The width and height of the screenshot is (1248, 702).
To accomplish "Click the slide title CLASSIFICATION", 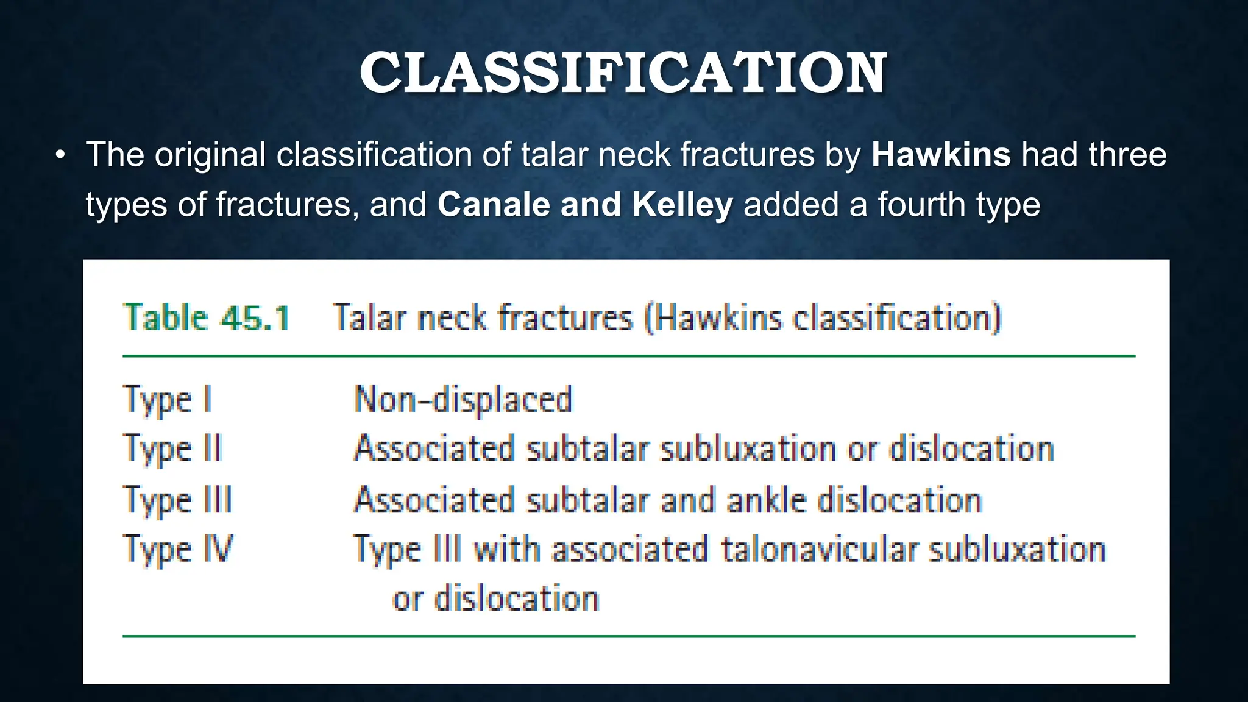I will [623, 73].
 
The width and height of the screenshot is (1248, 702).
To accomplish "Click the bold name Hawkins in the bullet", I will [941, 155].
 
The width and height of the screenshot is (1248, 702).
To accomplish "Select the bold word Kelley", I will [682, 205].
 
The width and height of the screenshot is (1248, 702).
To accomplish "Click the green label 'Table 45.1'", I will [207, 318].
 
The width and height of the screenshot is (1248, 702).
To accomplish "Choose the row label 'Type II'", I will [173, 450].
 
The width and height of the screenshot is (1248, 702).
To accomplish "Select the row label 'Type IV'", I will [178, 550].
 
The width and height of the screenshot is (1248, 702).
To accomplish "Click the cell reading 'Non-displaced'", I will [463, 400].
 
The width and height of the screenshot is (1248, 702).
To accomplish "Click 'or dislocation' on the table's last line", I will [496, 598].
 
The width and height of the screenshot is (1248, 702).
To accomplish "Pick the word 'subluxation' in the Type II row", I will [748, 450].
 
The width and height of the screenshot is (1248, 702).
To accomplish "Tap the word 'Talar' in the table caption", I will [369, 318].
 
